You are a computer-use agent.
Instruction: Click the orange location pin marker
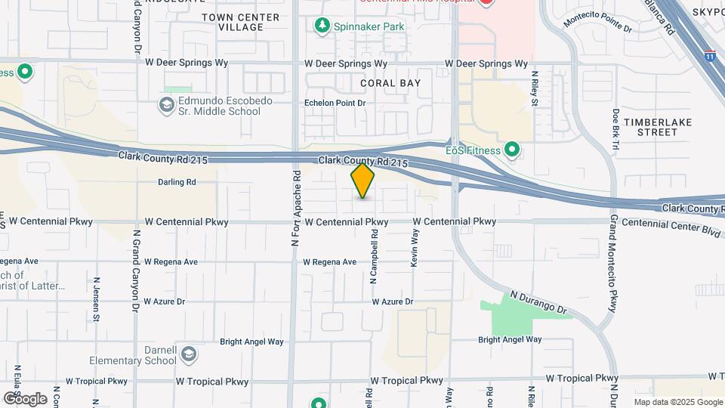click(x=362, y=181)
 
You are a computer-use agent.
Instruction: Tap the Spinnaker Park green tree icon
click(x=322, y=26)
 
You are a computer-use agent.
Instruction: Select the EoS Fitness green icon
click(x=513, y=150)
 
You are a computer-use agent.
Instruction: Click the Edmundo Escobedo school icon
click(x=165, y=105)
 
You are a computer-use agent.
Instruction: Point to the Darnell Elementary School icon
click(x=188, y=354)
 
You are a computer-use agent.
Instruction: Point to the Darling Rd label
click(x=177, y=182)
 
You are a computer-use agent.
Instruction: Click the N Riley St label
click(x=534, y=88)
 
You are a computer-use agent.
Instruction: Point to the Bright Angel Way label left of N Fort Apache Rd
click(x=252, y=342)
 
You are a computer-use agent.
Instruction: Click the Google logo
click(x=25, y=399)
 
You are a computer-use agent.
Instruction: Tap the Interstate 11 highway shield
click(x=709, y=55)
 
